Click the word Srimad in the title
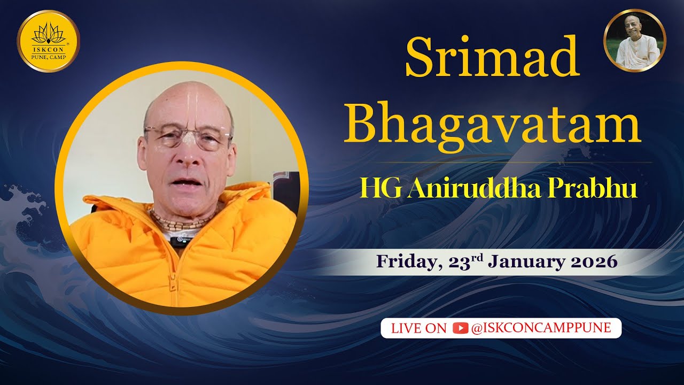(492, 58)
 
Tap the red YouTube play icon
(460, 328)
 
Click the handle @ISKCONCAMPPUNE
(541, 328)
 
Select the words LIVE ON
(418, 328)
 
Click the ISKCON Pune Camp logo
(48, 41)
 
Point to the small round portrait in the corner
(635, 40)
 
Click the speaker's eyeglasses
(187, 138)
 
